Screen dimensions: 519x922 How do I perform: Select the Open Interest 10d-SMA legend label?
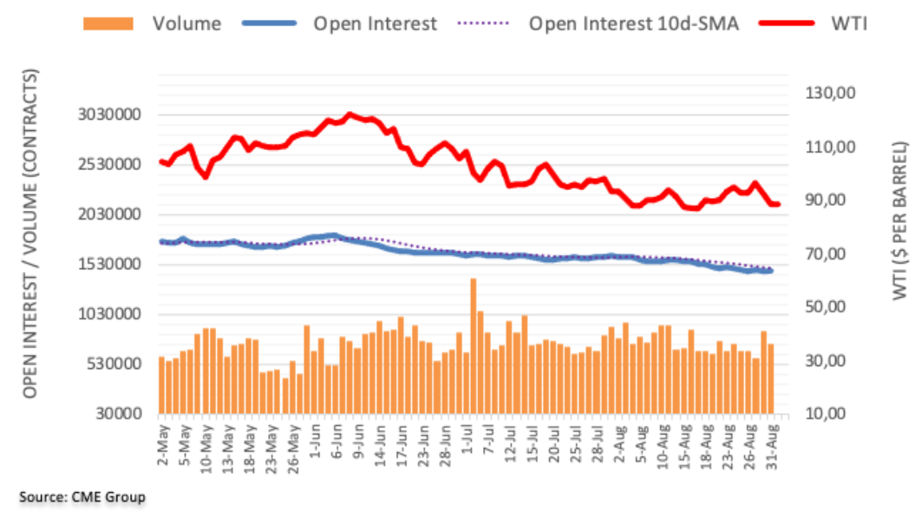click(633, 23)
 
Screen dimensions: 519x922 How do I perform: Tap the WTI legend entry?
click(849, 23)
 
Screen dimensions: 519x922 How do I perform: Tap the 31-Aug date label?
click(771, 445)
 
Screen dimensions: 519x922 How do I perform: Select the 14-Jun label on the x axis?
click(380, 445)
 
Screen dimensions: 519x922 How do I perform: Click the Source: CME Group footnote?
click(82, 496)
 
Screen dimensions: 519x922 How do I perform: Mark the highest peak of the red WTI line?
click(350, 114)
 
